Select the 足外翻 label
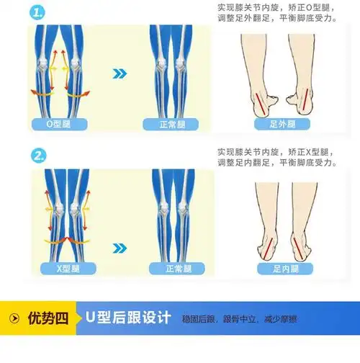point(283,124)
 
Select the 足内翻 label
point(283,269)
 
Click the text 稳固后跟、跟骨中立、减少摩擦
point(239,319)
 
